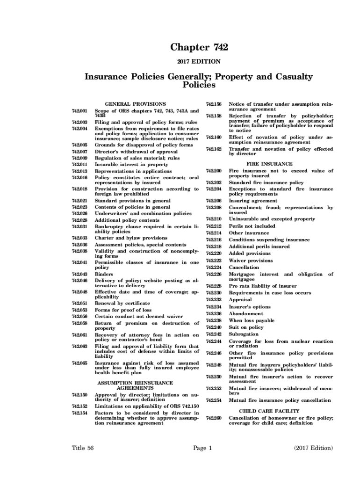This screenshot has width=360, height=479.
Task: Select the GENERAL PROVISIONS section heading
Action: click(135, 103)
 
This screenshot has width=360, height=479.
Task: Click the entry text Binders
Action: click(104, 274)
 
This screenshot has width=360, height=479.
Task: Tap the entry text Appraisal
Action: click(240, 299)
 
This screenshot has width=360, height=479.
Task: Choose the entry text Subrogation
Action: click(243, 334)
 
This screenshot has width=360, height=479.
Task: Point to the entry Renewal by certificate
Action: click(122, 303)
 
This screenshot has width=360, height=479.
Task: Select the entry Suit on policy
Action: click(246, 327)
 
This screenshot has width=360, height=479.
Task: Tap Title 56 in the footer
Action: click(83, 448)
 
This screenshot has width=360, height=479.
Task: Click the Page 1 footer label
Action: click(203, 448)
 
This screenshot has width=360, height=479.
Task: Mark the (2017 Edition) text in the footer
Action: click(313, 448)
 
